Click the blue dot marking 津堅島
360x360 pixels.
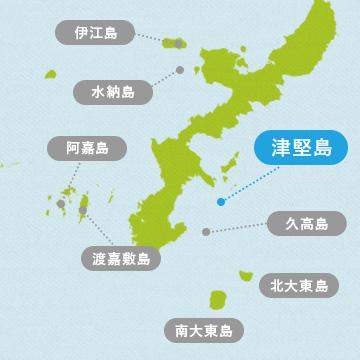(x=220, y=200)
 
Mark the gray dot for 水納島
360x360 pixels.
(x=179, y=70)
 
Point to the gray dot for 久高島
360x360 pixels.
(x=206, y=231)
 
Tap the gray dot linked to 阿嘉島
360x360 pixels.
(x=61, y=203)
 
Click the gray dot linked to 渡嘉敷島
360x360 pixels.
(x=83, y=209)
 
